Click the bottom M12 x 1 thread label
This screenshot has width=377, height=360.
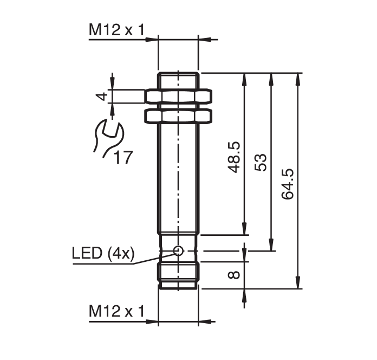[x=116, y=312]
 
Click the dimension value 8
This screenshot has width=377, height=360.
[x=234, y=275]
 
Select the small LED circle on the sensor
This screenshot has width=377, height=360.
[x=178, y=250]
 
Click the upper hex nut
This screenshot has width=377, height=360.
[x=178, y=97]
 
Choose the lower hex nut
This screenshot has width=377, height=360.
[x=178, y=115]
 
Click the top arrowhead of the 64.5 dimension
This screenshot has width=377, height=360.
[x=297, y=77]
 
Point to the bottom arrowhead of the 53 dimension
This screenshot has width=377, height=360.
[x=271, y=246]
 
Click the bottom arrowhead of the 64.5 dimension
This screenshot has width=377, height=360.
[x=297, y=284]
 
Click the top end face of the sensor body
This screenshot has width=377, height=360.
[x=178, y=73]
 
